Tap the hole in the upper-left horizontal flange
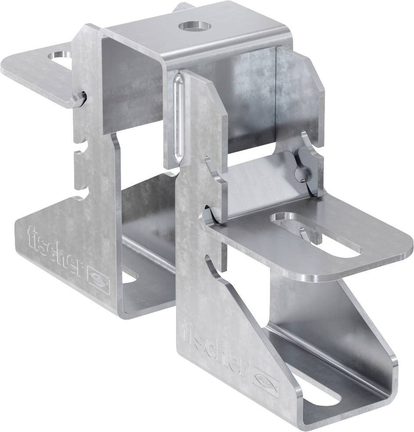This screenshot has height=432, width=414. (61, 57)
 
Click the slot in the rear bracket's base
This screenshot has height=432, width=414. (130, 277)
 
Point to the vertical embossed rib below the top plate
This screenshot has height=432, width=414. (176, 118)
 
